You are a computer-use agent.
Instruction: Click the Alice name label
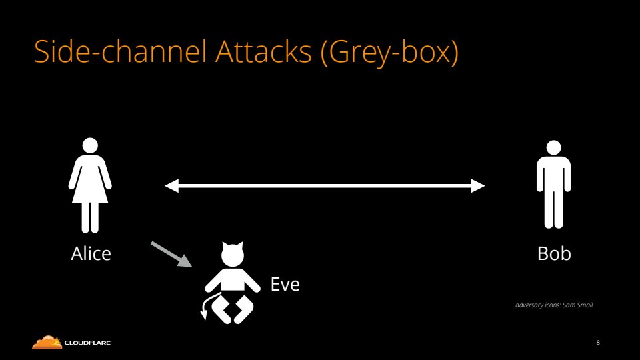91,254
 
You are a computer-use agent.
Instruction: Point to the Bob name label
554,254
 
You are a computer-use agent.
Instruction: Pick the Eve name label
285,285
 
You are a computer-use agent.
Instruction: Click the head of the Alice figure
90,145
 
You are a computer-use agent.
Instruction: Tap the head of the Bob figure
553,148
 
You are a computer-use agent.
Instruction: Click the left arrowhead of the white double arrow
172,186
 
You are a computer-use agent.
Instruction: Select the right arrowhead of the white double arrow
478,186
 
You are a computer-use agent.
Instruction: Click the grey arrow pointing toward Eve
171,255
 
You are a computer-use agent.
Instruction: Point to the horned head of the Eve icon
233,254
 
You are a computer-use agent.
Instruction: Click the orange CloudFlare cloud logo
47,343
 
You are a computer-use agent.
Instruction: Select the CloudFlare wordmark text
87,343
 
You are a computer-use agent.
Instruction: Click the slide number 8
598,343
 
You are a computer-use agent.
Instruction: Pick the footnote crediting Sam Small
554,305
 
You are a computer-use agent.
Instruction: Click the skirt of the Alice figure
90,190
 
